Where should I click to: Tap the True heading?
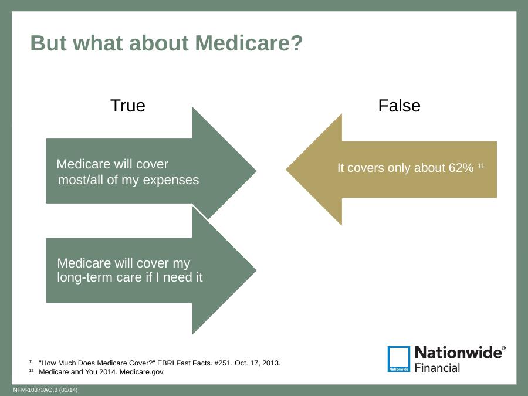click(128, 106)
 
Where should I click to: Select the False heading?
click(399, 106)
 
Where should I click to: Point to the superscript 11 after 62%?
click(481, 165)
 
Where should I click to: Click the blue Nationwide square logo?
click(399, 359)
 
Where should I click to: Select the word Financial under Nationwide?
click(437, 368)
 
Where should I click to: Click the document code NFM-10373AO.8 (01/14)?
click(45, 390)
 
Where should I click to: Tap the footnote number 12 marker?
click(31, 370)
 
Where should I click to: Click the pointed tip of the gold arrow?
click(286, 170)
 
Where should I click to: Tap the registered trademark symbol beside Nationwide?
click(504, 348)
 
